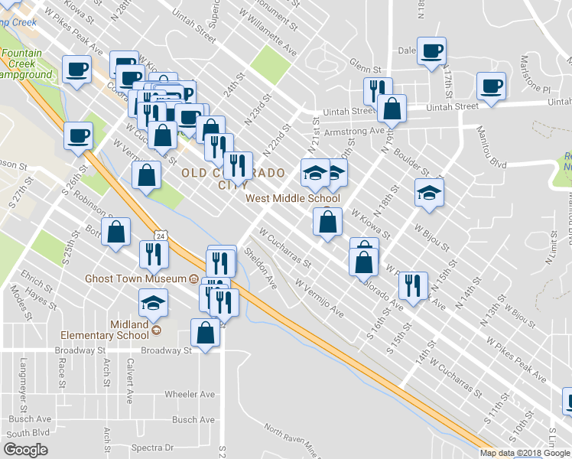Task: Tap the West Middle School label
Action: pos(281,198)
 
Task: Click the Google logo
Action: pos(25,449)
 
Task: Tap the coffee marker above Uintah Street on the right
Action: pos(490,86)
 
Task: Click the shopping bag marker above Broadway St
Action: pos(205,334)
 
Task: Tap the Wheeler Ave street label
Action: pos(190,394)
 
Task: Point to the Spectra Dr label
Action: pos(152,448)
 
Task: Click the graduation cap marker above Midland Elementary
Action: pos(154,304)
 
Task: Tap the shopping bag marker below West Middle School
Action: pos(327,223)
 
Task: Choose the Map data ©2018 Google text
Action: pos(525,453)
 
